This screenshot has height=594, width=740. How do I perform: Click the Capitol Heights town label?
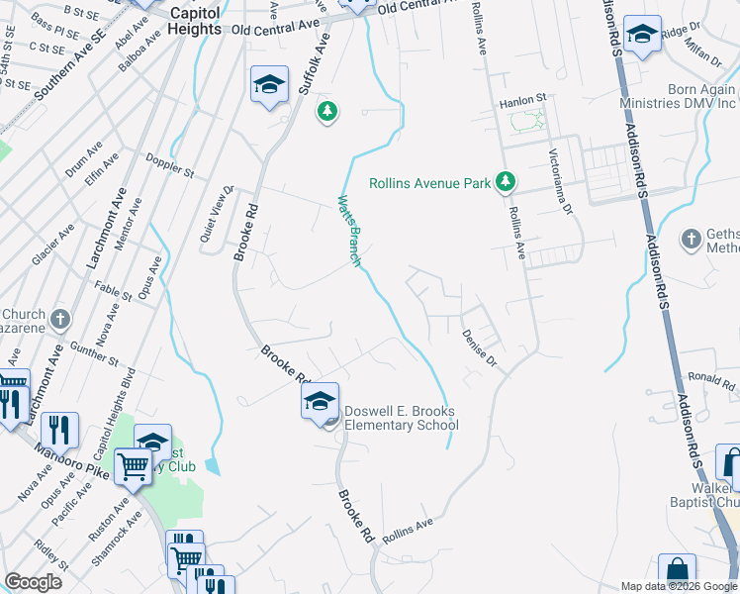tap(208, 21)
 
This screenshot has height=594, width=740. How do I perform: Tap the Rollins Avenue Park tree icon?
tap(506, 181)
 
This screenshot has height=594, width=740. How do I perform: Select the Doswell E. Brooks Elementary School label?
tap(401, 419)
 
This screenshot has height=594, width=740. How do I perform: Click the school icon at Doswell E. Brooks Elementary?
tap(320, 402)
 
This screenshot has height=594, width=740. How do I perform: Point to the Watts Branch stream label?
tap(349, 231)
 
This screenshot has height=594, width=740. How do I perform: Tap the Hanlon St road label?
tap(523, 100)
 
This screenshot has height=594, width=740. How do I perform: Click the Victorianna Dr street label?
tap(560, 181)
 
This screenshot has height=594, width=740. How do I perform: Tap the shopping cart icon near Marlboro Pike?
tap(134, 465)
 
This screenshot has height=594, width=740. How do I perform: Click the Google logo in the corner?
tap(33, 581)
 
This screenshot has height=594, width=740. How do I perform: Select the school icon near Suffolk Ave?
tap(268, 85)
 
